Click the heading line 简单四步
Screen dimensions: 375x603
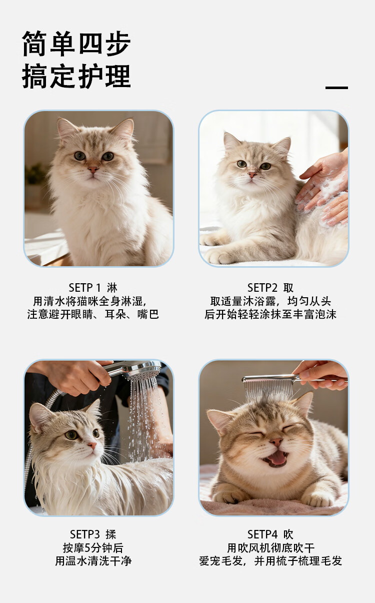point(76,44)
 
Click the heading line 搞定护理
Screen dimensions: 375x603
point(76,76)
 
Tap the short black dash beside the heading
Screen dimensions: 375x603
point(336,88)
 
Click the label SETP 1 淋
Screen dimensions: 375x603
point(93,288)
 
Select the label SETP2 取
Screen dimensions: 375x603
point(270,288)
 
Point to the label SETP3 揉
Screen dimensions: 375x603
point(93,534)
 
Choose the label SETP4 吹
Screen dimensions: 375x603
point(270,534)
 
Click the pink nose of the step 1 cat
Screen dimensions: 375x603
point(93,170)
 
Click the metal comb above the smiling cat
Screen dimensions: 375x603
point(269,385)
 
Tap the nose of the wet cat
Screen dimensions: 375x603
point(92,445)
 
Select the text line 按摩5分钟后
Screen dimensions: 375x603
point(93,547)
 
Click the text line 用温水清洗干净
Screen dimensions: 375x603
point(93,561)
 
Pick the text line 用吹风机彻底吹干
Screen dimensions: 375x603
point(270,547)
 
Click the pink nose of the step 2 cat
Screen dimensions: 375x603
point(252,175)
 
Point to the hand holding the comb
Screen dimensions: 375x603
point(321,375)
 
